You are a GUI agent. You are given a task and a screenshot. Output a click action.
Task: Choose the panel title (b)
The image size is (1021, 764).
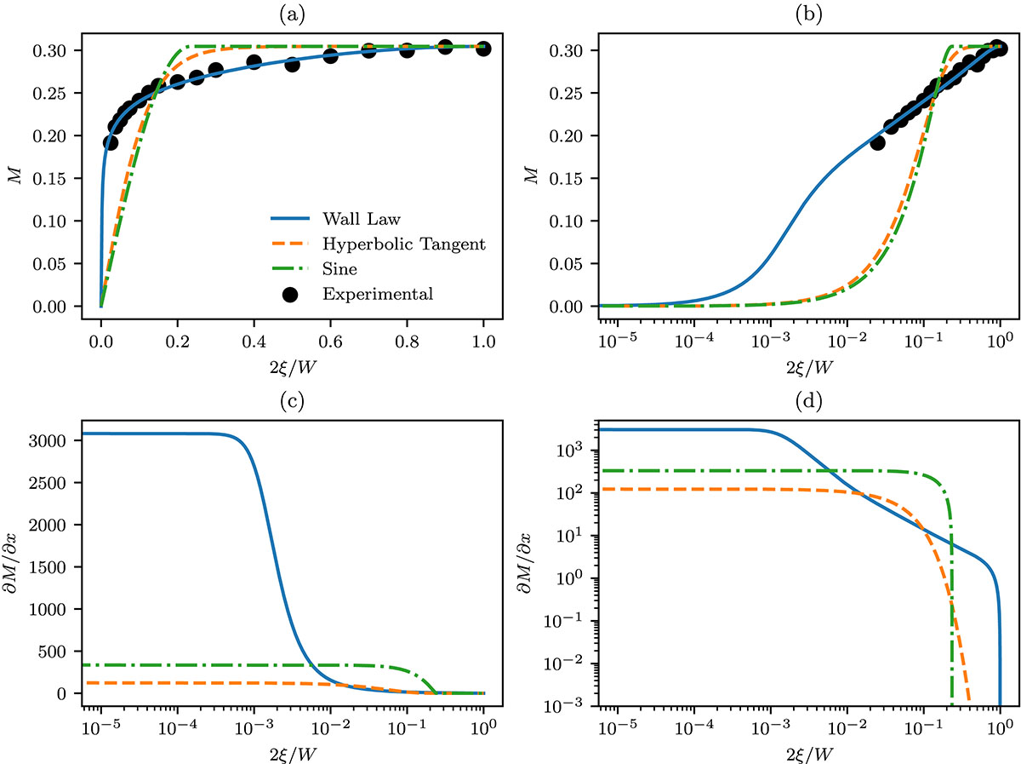(x=801, y=12)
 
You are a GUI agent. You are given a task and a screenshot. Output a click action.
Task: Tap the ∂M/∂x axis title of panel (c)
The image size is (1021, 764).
(x=13, y=563)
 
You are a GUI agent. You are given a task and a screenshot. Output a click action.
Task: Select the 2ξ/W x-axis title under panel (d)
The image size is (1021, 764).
(x=801, y=755)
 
